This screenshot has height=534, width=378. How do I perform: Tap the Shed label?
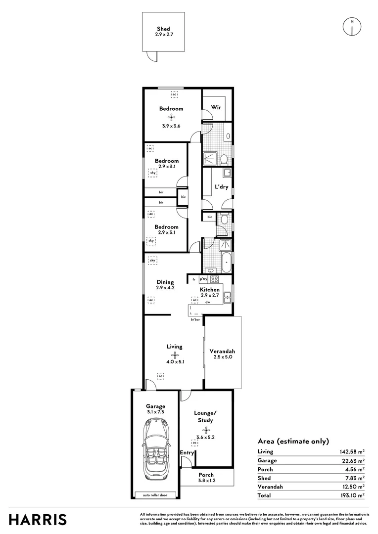(x=163, y=29)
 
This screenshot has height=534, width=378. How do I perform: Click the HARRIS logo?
(x=38, y=519)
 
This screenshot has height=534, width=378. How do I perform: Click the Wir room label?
(x=216, y=107)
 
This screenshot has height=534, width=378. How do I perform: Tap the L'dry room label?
(x=221, y=187)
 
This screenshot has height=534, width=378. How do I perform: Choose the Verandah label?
(x=223, y=351)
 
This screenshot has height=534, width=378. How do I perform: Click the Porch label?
(x=206, y=475)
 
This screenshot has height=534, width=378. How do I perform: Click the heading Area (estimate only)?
(x=293, y=442)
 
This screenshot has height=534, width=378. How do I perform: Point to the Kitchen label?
(x=210, y=290)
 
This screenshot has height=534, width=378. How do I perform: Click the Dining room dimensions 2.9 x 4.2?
(x=165, y=287)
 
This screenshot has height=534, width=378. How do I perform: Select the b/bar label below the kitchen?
(x=195, y=320)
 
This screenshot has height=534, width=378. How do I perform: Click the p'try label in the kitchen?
(x=203, y=279)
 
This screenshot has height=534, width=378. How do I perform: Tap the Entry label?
(x=187, y=453)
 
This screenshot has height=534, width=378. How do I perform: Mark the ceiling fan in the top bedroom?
(x=171, y=117)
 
